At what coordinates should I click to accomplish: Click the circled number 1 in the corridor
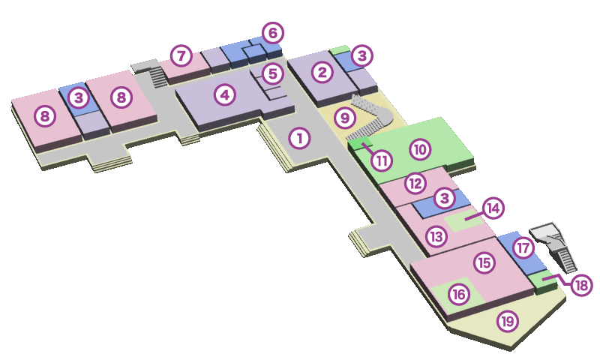pyautogui.click(x=299, y=138)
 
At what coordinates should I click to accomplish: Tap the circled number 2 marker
pyautogui.click(x=322, y=73)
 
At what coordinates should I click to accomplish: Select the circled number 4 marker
pyautogui.click(x=224, y=95)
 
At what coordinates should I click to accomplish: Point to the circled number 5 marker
pyautogui.click(x=272, y=73)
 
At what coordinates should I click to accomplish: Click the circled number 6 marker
pyautogui.click(x=272, y=33)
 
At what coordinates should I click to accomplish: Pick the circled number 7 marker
pyautogui.click(x=181, y=55)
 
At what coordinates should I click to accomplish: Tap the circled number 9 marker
pyautogui.click(x=344, y=118)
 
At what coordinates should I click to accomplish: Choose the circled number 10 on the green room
pyautogui.click(x=420, y=149)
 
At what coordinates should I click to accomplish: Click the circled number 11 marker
pyautogui.click(x=382, y=160)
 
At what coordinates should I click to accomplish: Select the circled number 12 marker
pyautogui.click(x=415, y=182)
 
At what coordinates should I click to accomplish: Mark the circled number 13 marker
pyautogui.click(x=436, y=236)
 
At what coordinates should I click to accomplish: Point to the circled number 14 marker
pyautogui.click(x=492, y=208)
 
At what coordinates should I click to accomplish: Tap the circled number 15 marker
pyautogui.click(x=484, y=262)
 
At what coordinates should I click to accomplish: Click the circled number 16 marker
pyautogui.click(x=459, y=295)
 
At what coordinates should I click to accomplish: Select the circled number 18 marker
pyautogui.click(x=581, y=285)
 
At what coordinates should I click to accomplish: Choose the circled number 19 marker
pyautogui.click(x=508, y=322)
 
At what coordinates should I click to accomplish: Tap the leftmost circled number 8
pyautogui.click(x=45, y=116)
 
